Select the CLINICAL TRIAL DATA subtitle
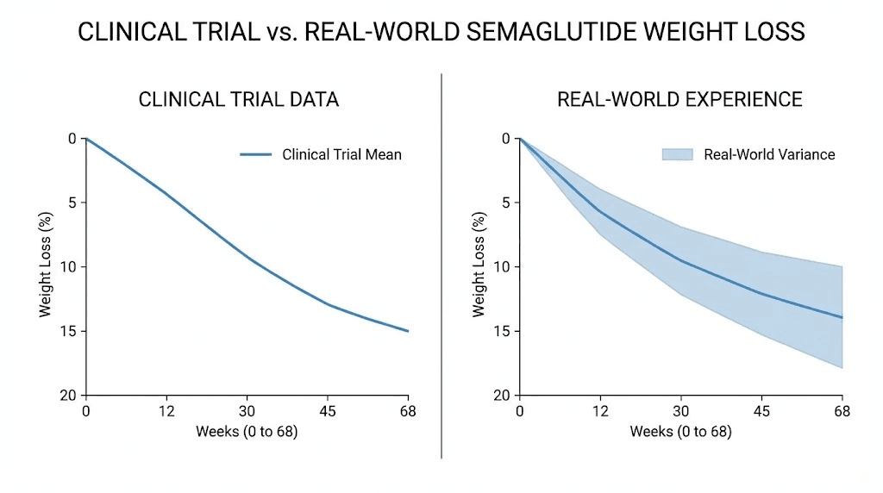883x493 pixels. (239, 99)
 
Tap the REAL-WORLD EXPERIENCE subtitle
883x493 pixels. (679, 99)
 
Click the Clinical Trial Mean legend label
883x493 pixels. (341, 155)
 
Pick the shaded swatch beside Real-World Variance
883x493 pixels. (677, 154)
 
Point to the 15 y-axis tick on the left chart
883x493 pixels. (69, 331)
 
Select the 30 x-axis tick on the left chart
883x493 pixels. (247, 411)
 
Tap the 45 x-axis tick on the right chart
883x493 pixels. (762, 411)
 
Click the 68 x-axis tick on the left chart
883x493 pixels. (408, 411)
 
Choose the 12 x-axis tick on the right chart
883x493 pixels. (598, 411)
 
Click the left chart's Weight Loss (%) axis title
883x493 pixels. (45, 266)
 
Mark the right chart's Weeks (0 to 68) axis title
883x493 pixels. (680, 431)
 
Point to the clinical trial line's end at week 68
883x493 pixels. (408, 331)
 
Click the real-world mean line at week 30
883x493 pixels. (680, 259)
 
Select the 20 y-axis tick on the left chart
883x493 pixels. (69, 395)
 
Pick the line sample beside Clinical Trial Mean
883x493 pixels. (256, 155)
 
